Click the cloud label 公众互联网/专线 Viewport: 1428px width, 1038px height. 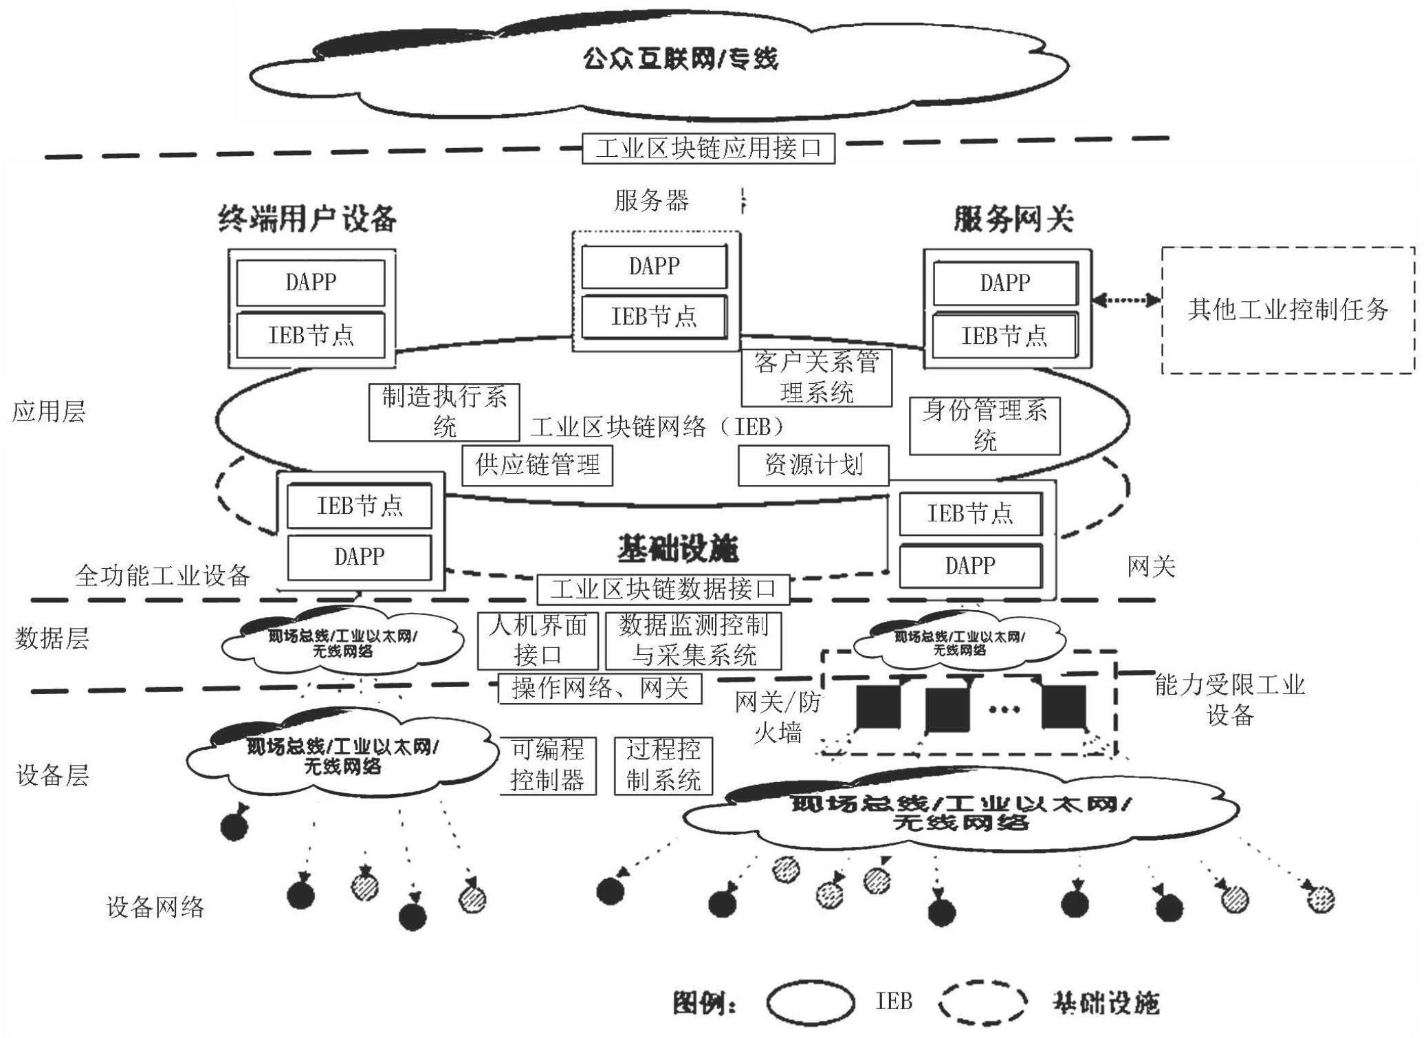680,58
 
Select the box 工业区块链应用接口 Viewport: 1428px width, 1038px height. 708,149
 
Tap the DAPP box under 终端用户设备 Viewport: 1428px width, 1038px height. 311,282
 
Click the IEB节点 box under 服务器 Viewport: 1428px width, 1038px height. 654,316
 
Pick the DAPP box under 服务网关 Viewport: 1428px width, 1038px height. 1005,283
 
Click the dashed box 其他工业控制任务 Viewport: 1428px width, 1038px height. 1288,310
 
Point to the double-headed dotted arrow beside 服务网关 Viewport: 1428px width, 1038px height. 1126,300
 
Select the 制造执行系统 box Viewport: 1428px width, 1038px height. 444,412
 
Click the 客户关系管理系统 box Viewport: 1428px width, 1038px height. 816,378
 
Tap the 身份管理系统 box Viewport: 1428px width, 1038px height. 985,426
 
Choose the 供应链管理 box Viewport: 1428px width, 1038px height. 537,466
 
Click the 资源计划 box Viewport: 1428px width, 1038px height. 813,466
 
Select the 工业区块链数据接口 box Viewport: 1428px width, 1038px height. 663,590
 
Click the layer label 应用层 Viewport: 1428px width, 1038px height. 49,412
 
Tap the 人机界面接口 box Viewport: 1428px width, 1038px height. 538,640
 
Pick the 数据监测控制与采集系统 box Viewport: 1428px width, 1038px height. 693,640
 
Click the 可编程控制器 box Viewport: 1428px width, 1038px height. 547,766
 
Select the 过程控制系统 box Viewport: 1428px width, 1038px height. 663,766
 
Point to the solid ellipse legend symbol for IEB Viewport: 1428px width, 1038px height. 811,1002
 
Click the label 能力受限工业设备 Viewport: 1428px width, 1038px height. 1229,700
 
